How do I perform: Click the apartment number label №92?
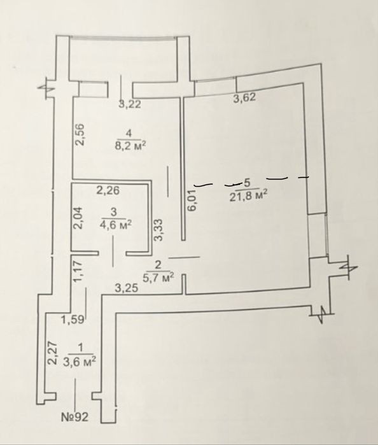click(x=75, y=417)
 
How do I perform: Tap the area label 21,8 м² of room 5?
click(x=249, y=196)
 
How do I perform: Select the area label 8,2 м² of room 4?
click(x=130, y=146)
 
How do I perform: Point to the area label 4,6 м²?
click(x=116, y=225)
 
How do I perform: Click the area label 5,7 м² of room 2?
click(x=158, y=278)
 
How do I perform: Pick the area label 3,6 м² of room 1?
click(x=79, y=362)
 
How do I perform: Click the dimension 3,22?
click(x=130, y=104)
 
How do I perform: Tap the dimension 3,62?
click(x=244, y=97)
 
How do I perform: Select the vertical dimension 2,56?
click(x=80, y=134)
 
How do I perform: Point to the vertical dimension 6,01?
click(x=192, y=200)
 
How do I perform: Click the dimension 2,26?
click(x=108, y=190)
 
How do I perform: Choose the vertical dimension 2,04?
click(x=78, y=218)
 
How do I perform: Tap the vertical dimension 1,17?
click(x=78, y=272)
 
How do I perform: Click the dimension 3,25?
click(x=127, y=288)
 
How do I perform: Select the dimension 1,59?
click(x=73, y=320)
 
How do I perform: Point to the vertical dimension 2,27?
click(x=53, y=353)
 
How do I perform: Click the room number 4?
click(x=129, y=133)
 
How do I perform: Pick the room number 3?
click(x=114, y=212)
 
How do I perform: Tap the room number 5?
click(x=247, y=183)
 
